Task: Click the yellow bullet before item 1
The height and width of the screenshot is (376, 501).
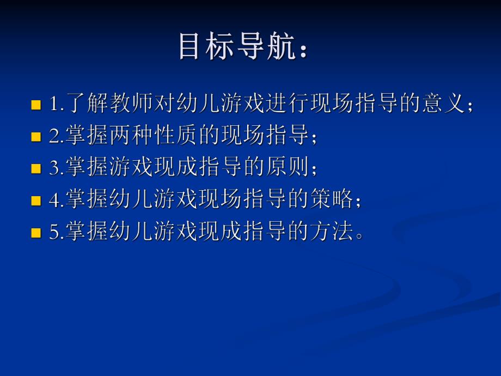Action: [x=36, y=105]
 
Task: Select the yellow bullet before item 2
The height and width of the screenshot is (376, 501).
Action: [x=36, y=137]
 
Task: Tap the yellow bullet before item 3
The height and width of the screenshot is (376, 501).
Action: [x=36, y=169]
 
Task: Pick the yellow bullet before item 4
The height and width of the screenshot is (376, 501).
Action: [x=36, y=201]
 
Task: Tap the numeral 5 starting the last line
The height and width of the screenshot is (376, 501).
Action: [x=53, y=233]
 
